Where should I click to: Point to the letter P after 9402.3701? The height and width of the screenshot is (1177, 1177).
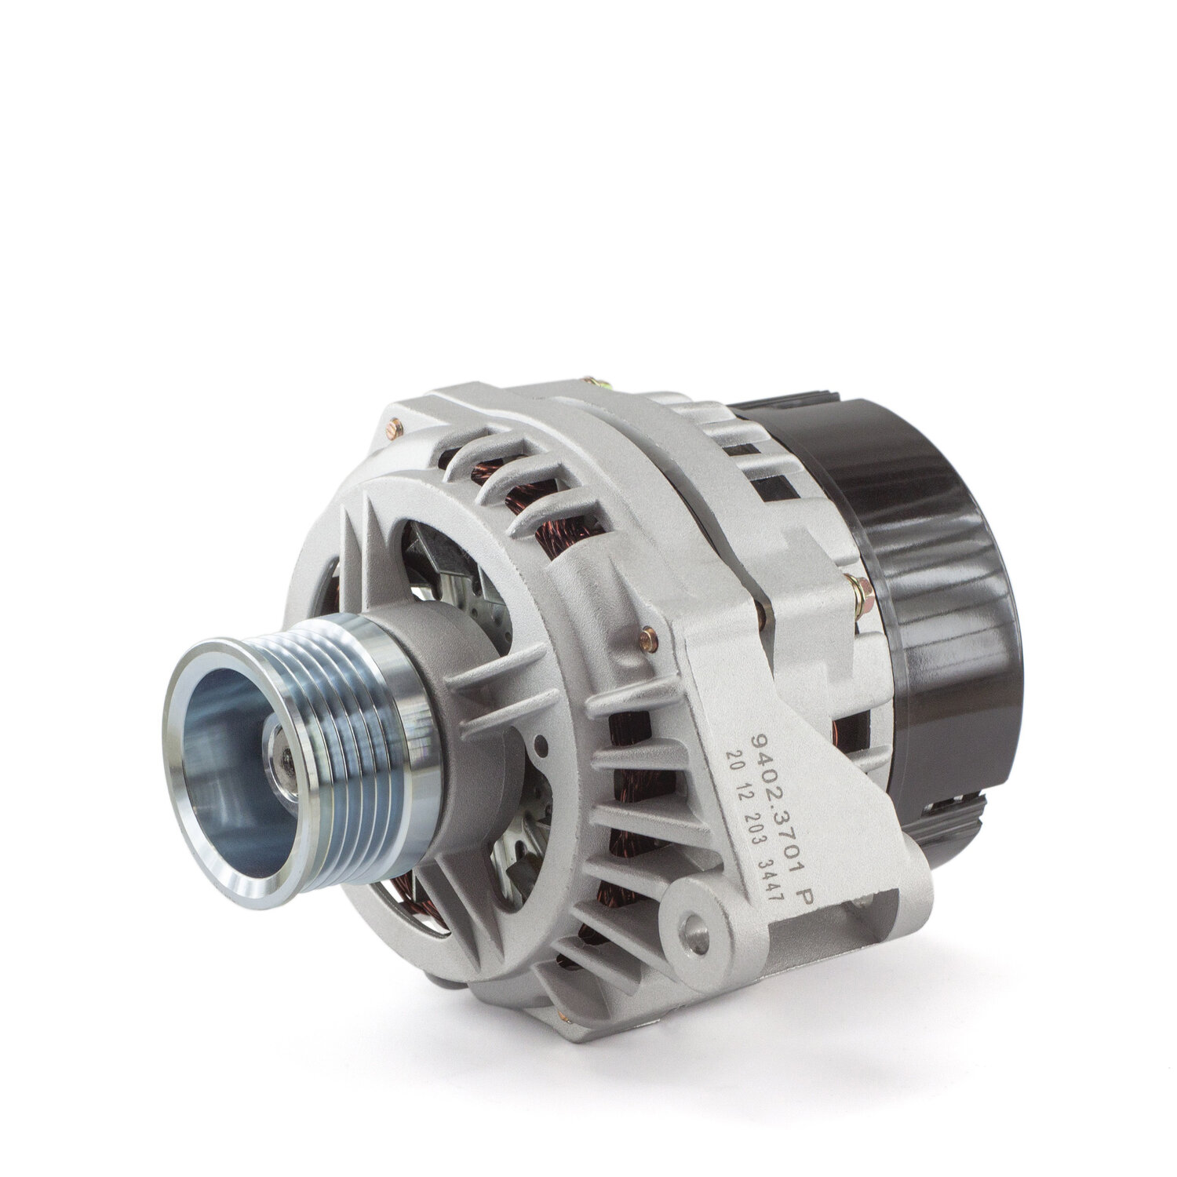(798, 912)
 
